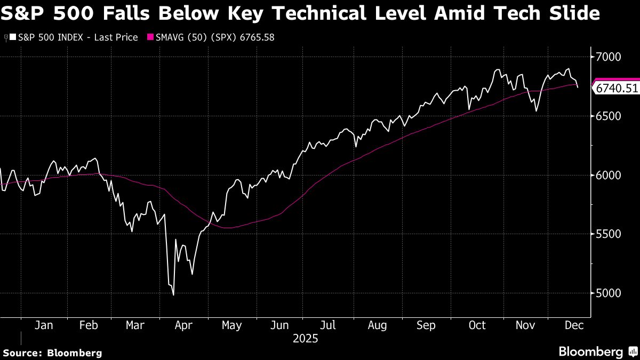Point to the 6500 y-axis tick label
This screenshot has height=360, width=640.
tap(609, 116)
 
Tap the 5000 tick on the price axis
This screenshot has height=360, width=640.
tap(609, 293)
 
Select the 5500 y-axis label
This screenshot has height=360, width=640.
tap(609, 234)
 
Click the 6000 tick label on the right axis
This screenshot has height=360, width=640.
tap(609, 175)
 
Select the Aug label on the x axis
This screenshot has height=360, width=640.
tap(377, 325)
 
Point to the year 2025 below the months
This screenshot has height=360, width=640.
tap(306, 338)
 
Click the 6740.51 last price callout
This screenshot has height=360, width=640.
tap(617, 89)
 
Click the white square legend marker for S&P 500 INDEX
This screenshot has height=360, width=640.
tap(13, 37)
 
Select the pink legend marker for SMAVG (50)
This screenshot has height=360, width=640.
tap(150, 37)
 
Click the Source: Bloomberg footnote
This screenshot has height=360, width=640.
tap(52, 353)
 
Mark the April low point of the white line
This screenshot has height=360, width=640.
tap(173, 294)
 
